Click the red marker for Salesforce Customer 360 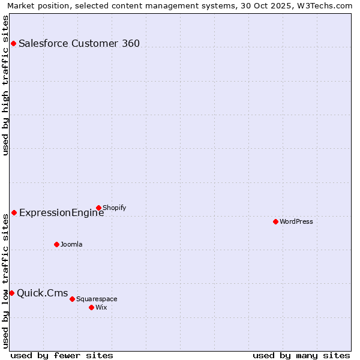click(x=13, y=43)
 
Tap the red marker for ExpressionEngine click(x=14, y=212)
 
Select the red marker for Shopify click(x=98, y=208)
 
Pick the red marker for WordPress click(x=275, y=221)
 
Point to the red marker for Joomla click(x=56, y=244)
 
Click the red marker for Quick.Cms click(x=11, y=293)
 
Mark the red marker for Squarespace click(x=72, y=299)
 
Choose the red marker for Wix click(x=91, y=307)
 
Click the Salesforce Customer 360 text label click(x=79, y=43)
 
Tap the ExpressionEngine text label click(x=61, y=213)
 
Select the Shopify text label click(x=114, y=208)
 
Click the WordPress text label click(x=296, y=221)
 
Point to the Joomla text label click(x=71, y=244)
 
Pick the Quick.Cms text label click(x=42, y=293)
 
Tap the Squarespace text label click(x=97, y=299)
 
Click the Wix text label click(x=101, y=307)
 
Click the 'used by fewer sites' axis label click(x=62, y=355)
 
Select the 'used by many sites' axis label click(x=301, y=355)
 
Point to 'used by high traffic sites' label click(x=5, y=85)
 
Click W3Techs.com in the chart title click(x=323, y=5)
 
